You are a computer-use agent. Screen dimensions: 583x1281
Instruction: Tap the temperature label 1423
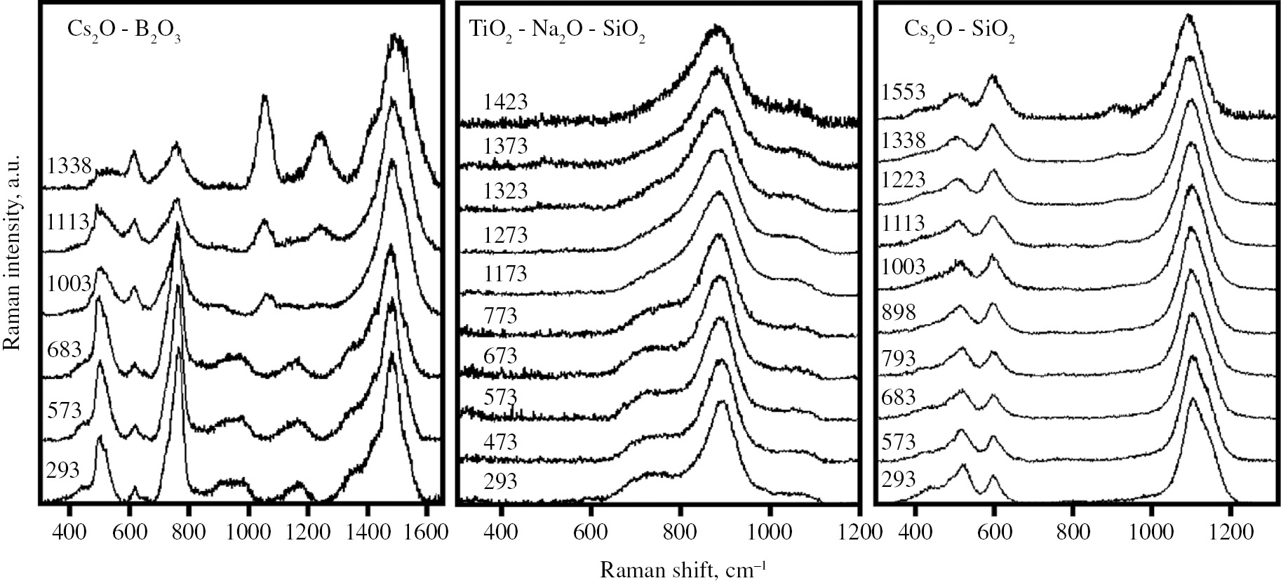click(x=505, y=102)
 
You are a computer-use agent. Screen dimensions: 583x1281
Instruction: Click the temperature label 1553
click(x=904, y=92)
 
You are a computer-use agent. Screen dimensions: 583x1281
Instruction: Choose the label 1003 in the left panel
click(x=69, y=283)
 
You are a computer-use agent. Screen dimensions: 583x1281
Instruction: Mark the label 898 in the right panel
click(x=899, y=311)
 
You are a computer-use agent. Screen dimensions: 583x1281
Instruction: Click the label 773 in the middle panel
click(x=500, y=315)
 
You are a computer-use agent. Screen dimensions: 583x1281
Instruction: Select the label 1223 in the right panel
click(x=904, y=180)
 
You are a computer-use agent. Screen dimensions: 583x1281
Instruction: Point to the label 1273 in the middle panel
click(x=505, y=234)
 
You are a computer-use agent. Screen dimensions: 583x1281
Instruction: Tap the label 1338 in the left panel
click(x=69, y=167)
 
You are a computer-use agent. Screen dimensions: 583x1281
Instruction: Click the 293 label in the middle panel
click(x=500, y=481)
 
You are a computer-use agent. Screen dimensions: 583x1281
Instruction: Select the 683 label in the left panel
click(x=65, y=349)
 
